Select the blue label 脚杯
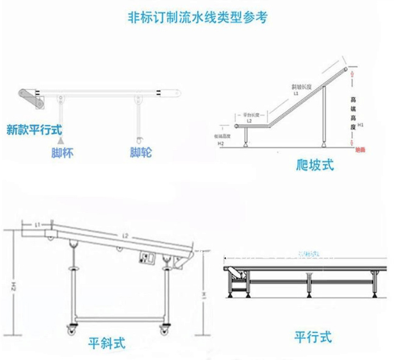point(62,153)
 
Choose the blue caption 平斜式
point(107,343)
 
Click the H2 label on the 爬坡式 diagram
point(220,144)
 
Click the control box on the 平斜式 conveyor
point(146,258)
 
